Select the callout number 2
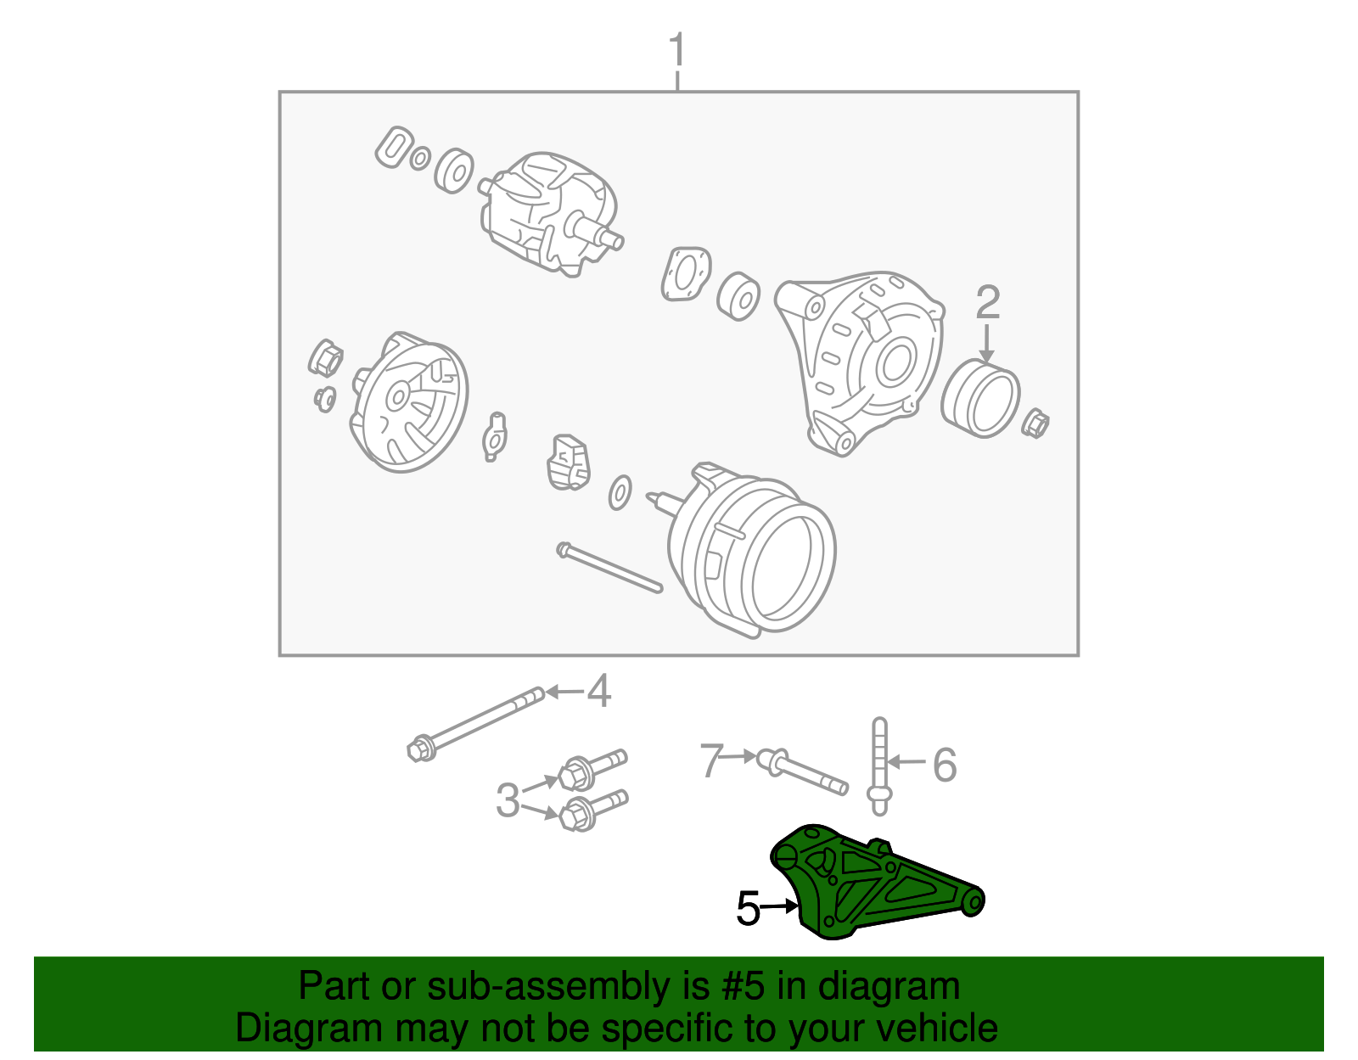(987, 303)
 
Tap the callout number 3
(508, 799)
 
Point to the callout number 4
(599, 692)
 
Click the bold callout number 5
(748, 909)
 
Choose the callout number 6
(945, 765)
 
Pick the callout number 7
(711, 760)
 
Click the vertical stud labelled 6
(879, 764)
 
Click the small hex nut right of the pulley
(1035, 423)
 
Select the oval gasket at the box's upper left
(393, 149)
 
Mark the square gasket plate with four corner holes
(685, 273)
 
